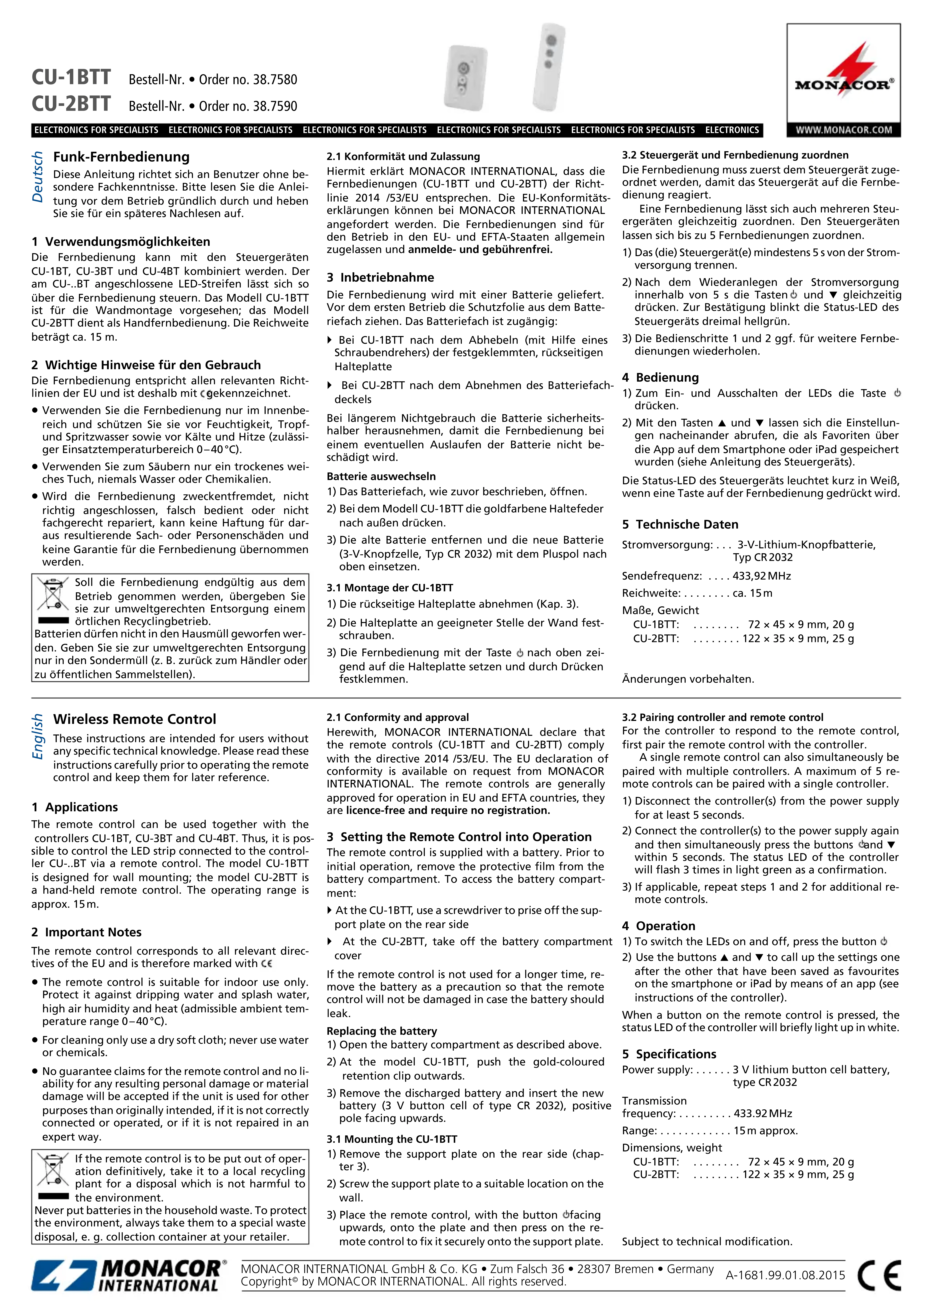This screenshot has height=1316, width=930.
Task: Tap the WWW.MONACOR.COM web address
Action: point(843,130)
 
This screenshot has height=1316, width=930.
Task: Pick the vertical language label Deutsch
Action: point(38,177)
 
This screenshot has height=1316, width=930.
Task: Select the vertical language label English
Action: point(38,736)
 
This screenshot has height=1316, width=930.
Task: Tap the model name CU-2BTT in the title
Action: point(71,104)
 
